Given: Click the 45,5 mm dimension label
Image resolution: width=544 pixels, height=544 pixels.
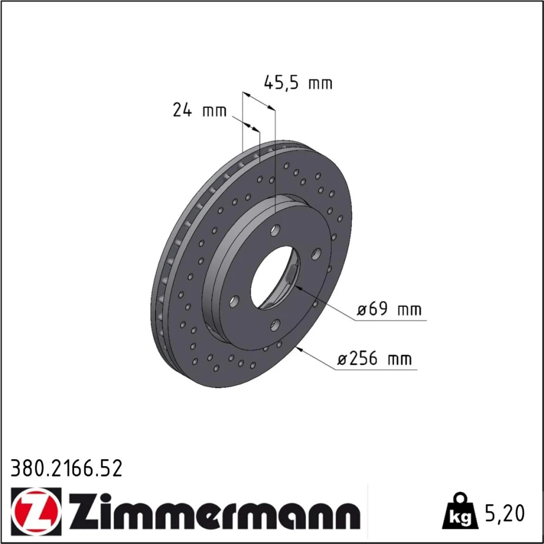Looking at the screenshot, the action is pos(298,83).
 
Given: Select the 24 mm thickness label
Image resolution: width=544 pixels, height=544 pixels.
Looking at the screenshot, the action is pos(200,110).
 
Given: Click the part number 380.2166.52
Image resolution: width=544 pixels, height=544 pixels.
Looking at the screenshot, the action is pos(66,468).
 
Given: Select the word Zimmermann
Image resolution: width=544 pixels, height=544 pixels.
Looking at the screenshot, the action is pos(215,514).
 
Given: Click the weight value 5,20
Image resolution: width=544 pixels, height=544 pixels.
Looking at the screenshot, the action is pos(504,514).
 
